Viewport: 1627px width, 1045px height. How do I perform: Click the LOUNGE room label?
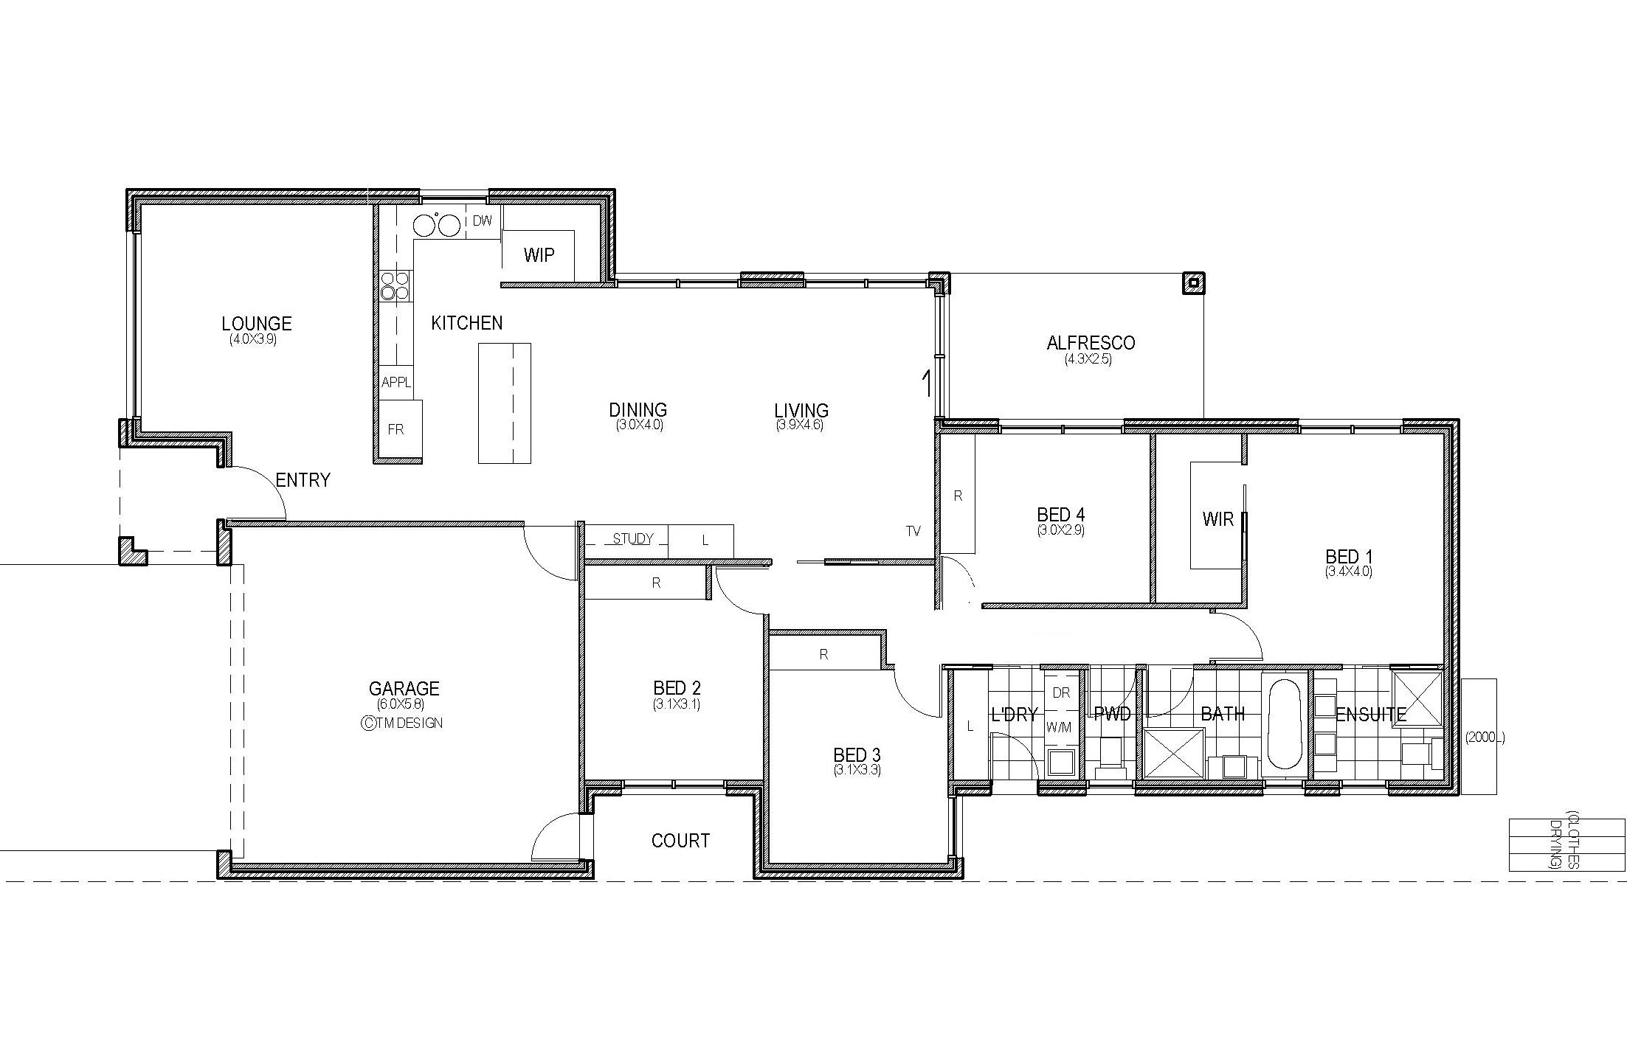click(x=257, y=323)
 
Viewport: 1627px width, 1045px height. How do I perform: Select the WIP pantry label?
click(x=539, y=255)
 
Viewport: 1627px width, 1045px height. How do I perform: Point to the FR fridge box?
click(x=401, y=429)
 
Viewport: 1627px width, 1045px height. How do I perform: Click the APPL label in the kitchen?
click(x=396, y=383)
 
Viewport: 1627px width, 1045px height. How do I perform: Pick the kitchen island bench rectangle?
click(x=505, y=403)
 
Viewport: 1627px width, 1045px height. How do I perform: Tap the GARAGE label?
click(x=404, y=689)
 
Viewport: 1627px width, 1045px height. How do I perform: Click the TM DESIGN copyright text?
click(x=402, y=723)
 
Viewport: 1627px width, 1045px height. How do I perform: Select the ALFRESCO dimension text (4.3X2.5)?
click(x=1088, y=360)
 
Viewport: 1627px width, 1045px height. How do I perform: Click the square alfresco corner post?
click(x=1193, y=283)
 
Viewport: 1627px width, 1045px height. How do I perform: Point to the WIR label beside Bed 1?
click(x=1217, y=519)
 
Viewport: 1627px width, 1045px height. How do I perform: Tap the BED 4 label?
click(x=1061, y=515)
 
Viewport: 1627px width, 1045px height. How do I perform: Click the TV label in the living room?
click(x=913, y=531)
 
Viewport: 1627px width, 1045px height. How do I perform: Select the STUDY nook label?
click(x=633, y=539)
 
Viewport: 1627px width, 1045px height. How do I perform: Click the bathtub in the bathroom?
click(x=1285, y=725)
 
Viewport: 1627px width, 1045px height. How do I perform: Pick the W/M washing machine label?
click(x=1059, y=728)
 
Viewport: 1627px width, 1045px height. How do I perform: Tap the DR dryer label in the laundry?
click(x=1061, y=693)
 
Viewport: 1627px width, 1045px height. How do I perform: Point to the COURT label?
click(x=680, y=841)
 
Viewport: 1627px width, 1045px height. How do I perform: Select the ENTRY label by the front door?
click(x=303, y=480)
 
